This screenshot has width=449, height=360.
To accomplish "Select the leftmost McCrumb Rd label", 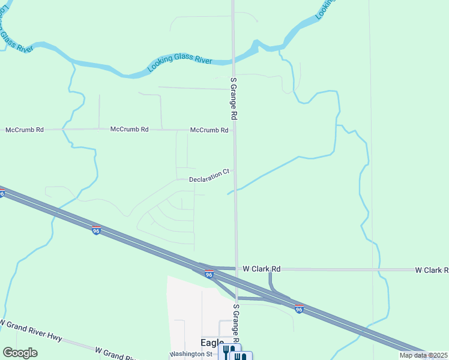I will (x=24, y=130).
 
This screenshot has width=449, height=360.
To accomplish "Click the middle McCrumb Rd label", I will (x=129, y=129).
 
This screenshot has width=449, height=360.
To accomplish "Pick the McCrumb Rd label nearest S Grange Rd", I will (x=209, y=130).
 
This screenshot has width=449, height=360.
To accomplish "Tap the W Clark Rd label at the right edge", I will (x=432, y=270).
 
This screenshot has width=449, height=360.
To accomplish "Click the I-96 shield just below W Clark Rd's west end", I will (x=209, y=275).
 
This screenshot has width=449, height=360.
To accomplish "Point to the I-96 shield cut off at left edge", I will (x=2, y=193).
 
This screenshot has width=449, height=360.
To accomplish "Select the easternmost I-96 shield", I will (x=299, y=309).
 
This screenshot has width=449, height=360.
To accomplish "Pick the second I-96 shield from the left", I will (x=96, y=230).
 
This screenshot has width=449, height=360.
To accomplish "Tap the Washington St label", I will (x=191, y=354).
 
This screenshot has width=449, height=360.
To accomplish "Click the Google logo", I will (x=20, y=353).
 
